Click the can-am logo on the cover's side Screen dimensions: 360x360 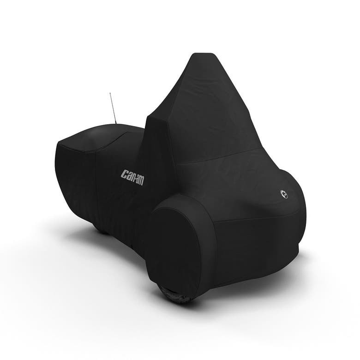point(132,177)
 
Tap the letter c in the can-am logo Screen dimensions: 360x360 point(124,174)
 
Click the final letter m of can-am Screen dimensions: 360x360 point(142,181)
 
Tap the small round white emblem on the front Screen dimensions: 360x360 point(284,194)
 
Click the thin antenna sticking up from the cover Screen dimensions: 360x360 point(113,108)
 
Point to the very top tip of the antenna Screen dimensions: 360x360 point(110,93)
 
